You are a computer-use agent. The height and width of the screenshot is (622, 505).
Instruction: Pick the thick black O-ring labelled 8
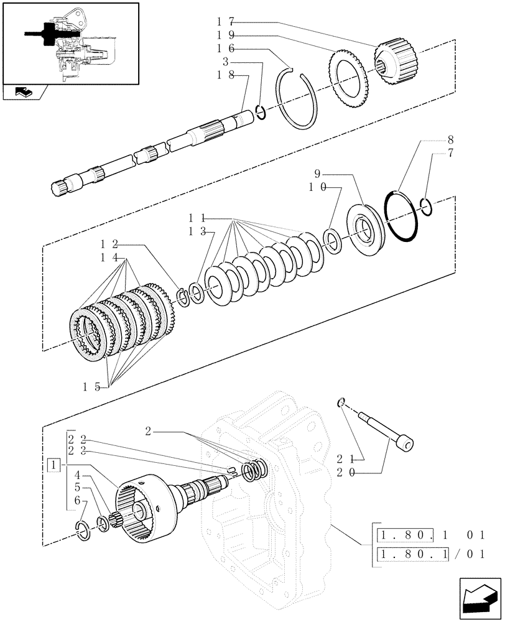(402, 215)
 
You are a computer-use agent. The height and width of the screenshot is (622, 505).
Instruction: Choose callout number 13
(199, 232)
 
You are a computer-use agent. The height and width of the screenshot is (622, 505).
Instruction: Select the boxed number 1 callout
(55, 465)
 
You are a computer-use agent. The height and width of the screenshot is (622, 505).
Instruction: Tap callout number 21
(345, 459)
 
